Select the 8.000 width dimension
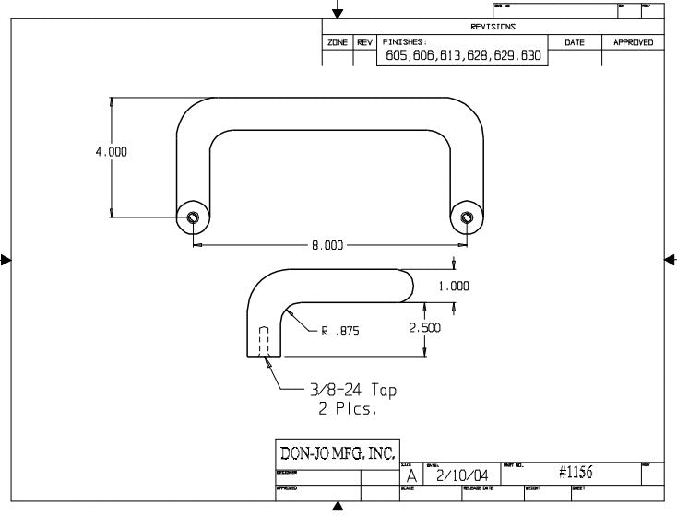coord(327,245)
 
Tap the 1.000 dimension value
coord(454,286)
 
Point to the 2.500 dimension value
coord(424,327)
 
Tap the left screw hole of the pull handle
coord(192,218)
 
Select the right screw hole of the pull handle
coord(467,218)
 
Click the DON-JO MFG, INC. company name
coord(338,452)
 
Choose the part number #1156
coord(575,473)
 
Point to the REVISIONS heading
coord(493,27)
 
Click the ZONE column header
coord(337,42)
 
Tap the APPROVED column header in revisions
coord(634,42)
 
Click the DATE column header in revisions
coord(575,42)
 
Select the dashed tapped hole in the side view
coord(264,341)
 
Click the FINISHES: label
coord(405,42)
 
